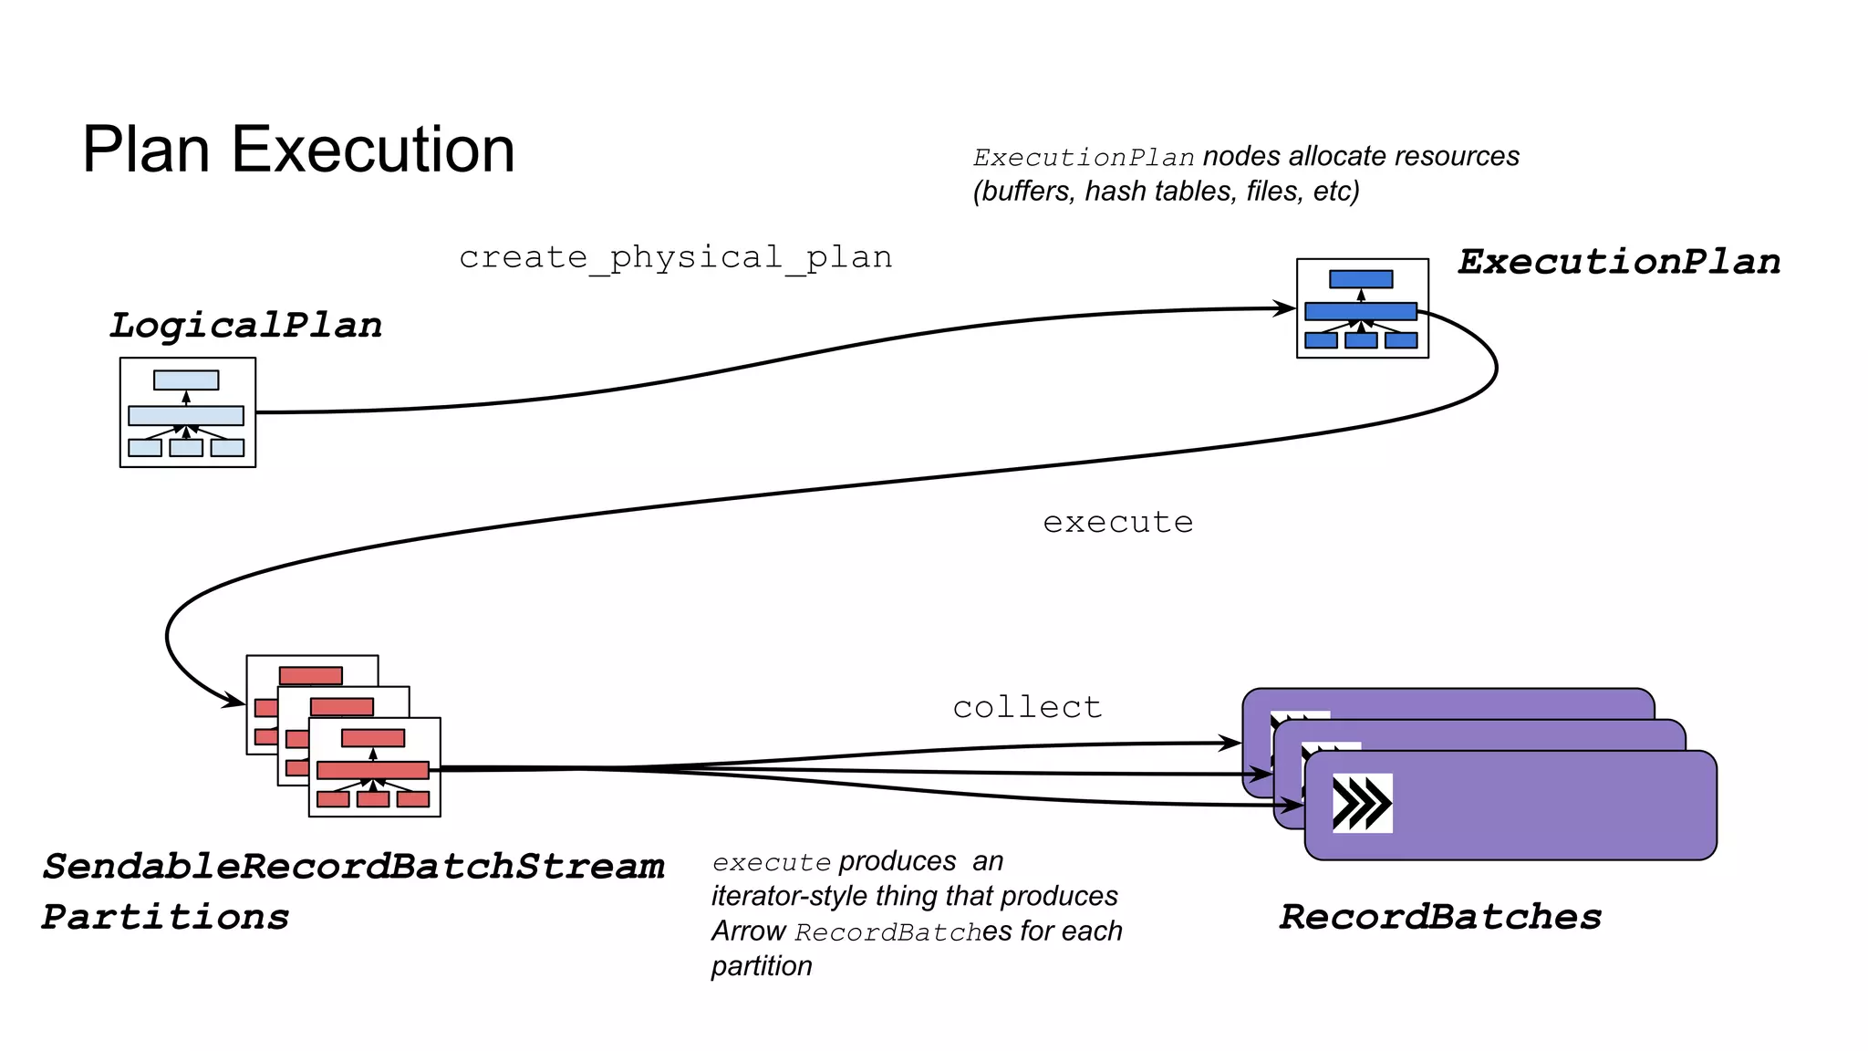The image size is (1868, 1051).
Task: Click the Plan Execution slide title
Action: (298, 150)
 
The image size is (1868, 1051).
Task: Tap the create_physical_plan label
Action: (675, 257)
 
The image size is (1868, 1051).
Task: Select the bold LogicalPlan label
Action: (245, 326)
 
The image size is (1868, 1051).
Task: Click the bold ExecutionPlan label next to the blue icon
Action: (1618, 262)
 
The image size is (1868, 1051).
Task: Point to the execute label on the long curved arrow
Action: (1117, 522)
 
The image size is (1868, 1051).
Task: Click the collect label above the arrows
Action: (1027, 707)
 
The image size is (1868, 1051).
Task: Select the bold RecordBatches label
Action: (1439, 917)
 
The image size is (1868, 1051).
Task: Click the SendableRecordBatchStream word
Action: (354, 867)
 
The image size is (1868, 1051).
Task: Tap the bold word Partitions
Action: (165, 917)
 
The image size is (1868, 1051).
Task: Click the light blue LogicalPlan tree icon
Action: (187, 412)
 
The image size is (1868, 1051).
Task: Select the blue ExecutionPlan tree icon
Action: (1362, 308)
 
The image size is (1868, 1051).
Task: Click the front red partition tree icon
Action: (374, 767)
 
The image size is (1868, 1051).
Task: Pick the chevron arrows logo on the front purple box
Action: (1362, 803)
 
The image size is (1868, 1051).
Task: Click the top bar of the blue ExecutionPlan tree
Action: (1361, 279)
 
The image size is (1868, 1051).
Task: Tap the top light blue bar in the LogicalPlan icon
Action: (186, 380)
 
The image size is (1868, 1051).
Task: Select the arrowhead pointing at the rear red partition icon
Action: (235, 702)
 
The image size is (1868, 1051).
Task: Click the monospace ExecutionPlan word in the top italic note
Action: (1084, 158)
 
